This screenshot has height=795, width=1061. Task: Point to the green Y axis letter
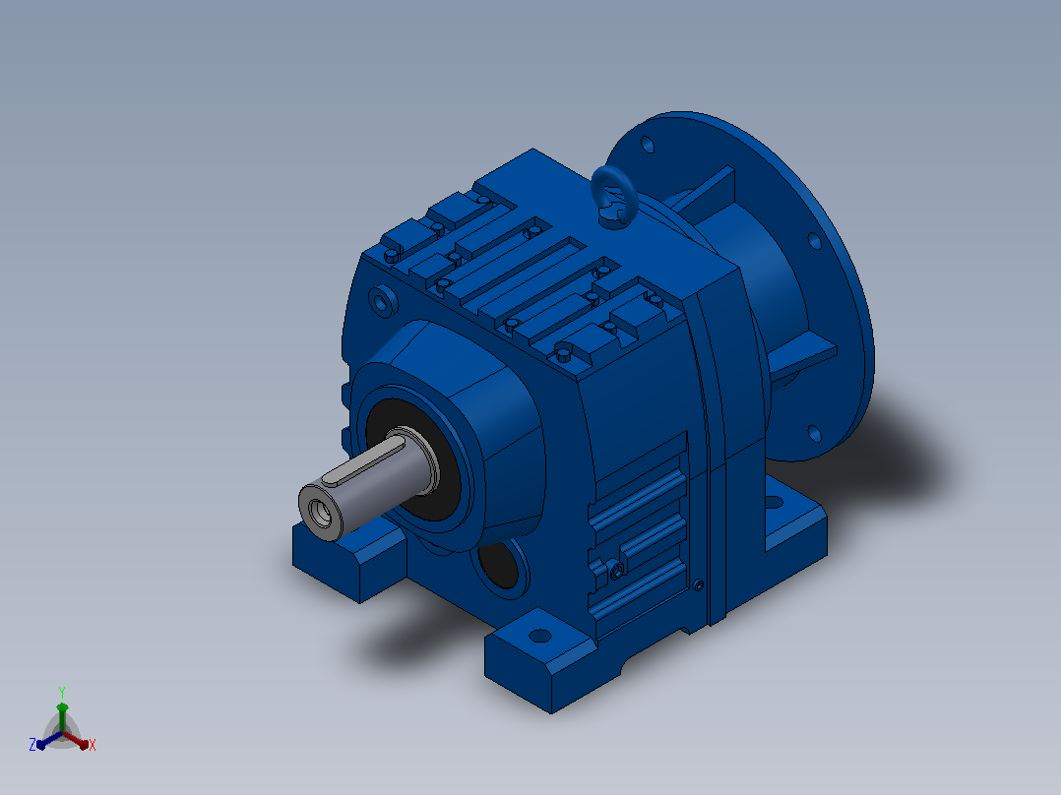[x=62, y=692]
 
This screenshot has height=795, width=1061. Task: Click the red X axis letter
[x=93, y=745]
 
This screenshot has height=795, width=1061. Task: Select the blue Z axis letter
[x=32, y=744]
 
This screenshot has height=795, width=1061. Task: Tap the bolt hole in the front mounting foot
[x=539, y=636]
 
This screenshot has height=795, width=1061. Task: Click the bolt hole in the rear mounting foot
[x=774, y=503]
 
